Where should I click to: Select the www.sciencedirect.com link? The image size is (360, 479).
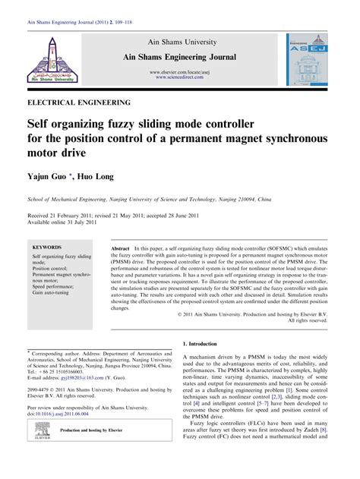pos(182,77)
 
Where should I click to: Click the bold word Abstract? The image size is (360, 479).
pos(122,250)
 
